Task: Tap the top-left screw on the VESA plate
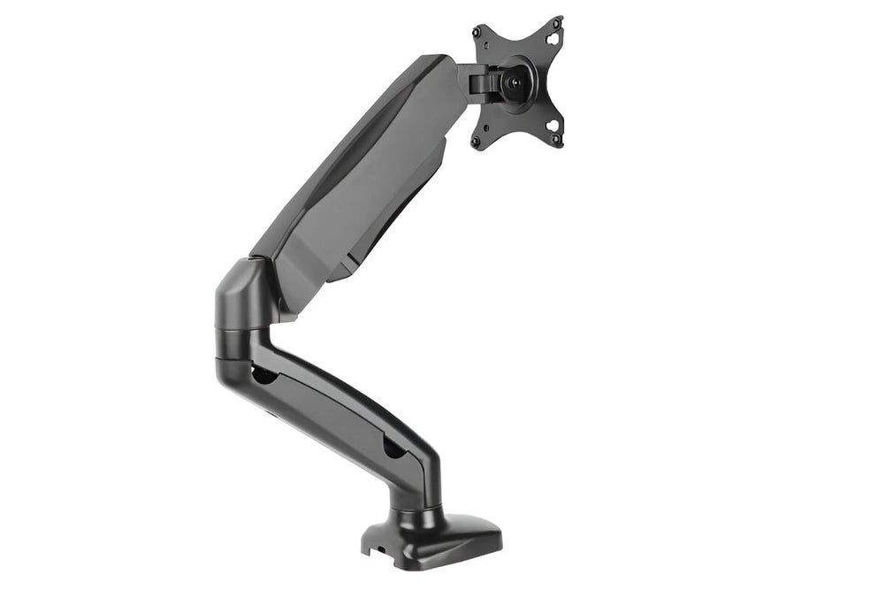point(478,32)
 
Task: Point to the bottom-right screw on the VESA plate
point(559,142)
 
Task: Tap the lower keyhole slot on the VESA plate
point(553,125)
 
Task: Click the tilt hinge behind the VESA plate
point(479,82)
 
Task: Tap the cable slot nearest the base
point(394,447)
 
